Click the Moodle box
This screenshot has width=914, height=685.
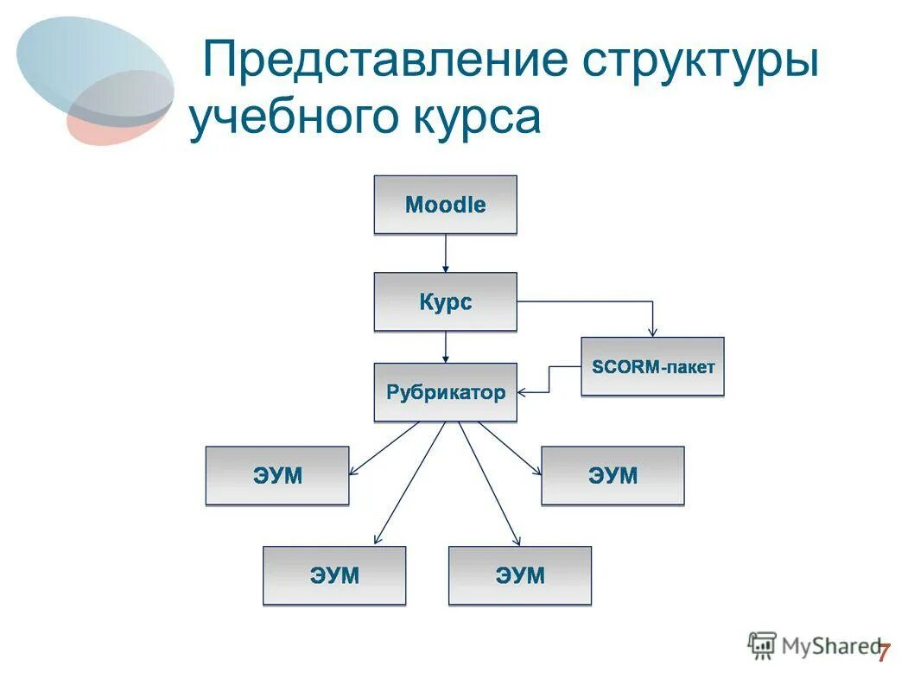pos(445,205)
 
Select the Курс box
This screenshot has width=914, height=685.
pos(445,301)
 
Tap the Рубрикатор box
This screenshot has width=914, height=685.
pos(445,392)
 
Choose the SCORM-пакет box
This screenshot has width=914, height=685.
pos(652,366)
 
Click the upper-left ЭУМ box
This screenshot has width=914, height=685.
pos(277,475)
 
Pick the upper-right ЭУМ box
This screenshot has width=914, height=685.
pos(613,475)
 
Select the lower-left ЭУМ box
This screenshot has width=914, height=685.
pos(334,575)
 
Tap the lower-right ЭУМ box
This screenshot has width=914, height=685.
pos(520,575)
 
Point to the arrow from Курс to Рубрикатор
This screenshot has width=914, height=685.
pos(446,347)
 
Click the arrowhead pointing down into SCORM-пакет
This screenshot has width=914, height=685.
pos(654,331)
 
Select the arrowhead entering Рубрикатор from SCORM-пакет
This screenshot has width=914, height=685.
pos(524,392)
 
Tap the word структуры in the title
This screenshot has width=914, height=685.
pos(699,62)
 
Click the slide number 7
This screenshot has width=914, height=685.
pos(883,653)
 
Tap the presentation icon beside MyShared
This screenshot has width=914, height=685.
pos(762,644)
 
